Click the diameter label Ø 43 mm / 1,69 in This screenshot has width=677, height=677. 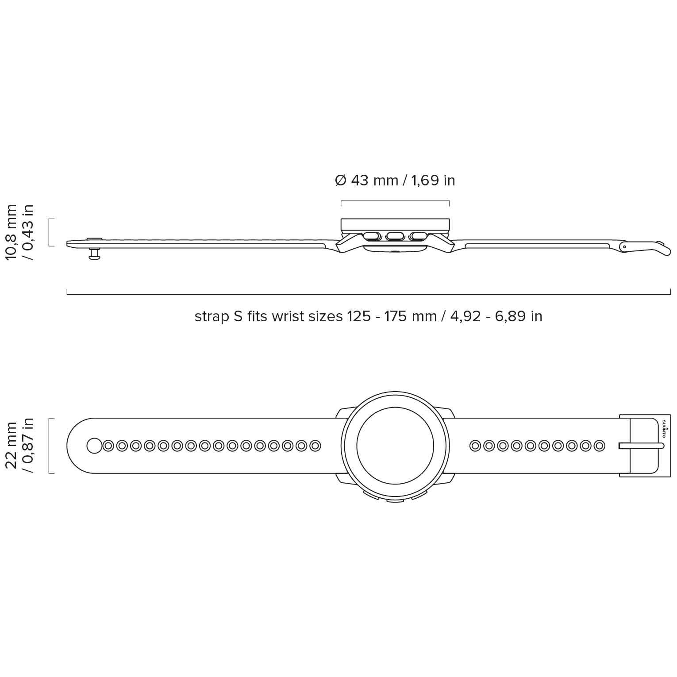pos(395,181)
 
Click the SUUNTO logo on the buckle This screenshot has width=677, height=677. pos(663,428)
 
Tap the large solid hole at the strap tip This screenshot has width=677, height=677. pos(94,446)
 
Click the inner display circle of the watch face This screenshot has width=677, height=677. pos(395,446)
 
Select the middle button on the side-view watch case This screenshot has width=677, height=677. pos(395,236)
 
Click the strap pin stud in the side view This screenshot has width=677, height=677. pos(94,254)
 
